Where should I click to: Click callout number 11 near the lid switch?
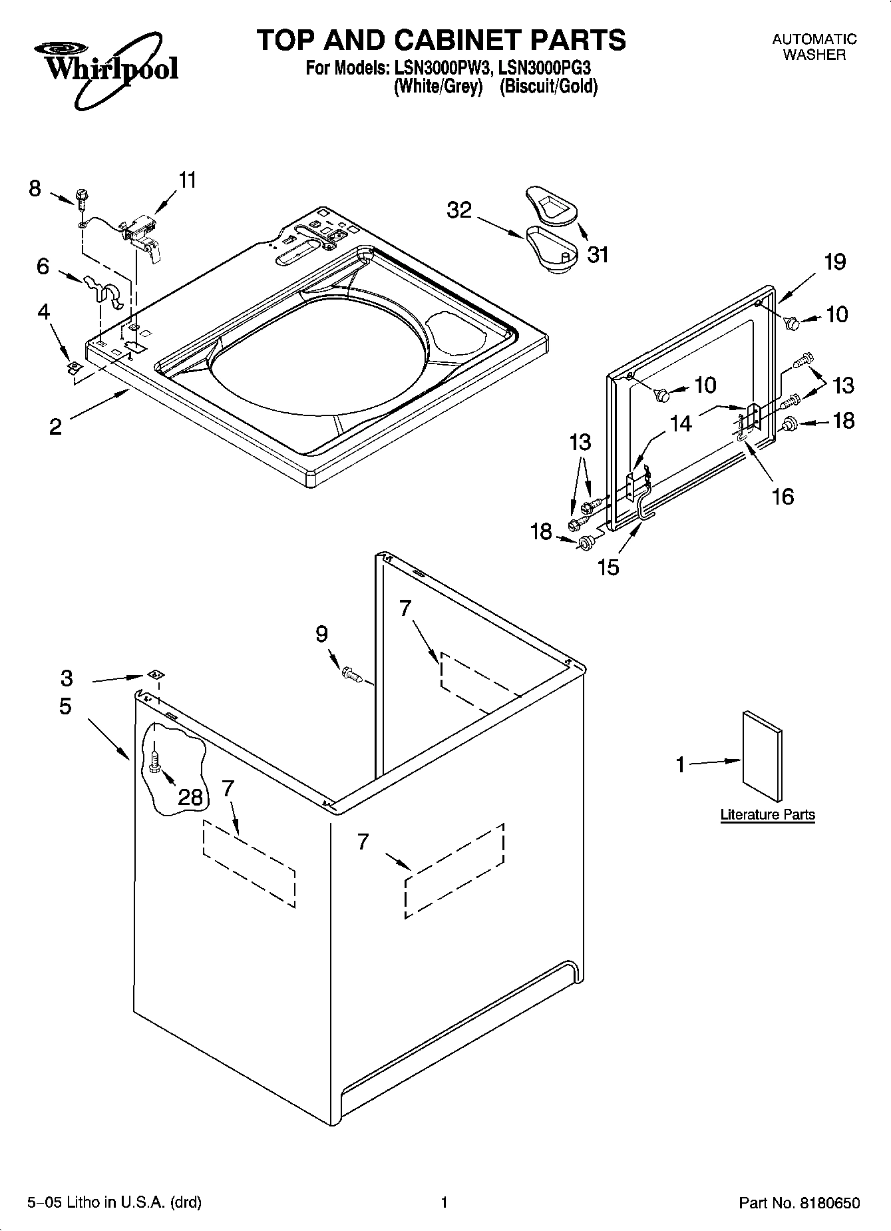(188, 180)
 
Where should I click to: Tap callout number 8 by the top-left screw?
(35, 188)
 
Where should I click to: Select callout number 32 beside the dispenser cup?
(459, 210)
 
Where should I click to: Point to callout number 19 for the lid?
(835, 262)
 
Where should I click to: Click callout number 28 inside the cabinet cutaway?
(190, 796)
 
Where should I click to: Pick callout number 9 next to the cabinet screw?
(321, 634)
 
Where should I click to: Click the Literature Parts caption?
(767, 814)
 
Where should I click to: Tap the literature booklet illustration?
(763, 756)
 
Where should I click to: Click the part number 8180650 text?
(799, 1203)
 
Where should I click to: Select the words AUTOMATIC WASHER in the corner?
(814, 47)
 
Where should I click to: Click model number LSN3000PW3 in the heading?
(437, 68)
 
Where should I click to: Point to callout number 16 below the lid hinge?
(783, 496)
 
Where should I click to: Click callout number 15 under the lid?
(608, 567)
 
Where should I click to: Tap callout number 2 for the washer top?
(55, 426)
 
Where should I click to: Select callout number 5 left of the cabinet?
(65, 706)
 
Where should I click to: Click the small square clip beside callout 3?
(154, 674)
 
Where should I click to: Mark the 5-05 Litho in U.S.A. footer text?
(114, 1203)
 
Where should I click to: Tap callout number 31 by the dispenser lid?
(598, 254)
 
